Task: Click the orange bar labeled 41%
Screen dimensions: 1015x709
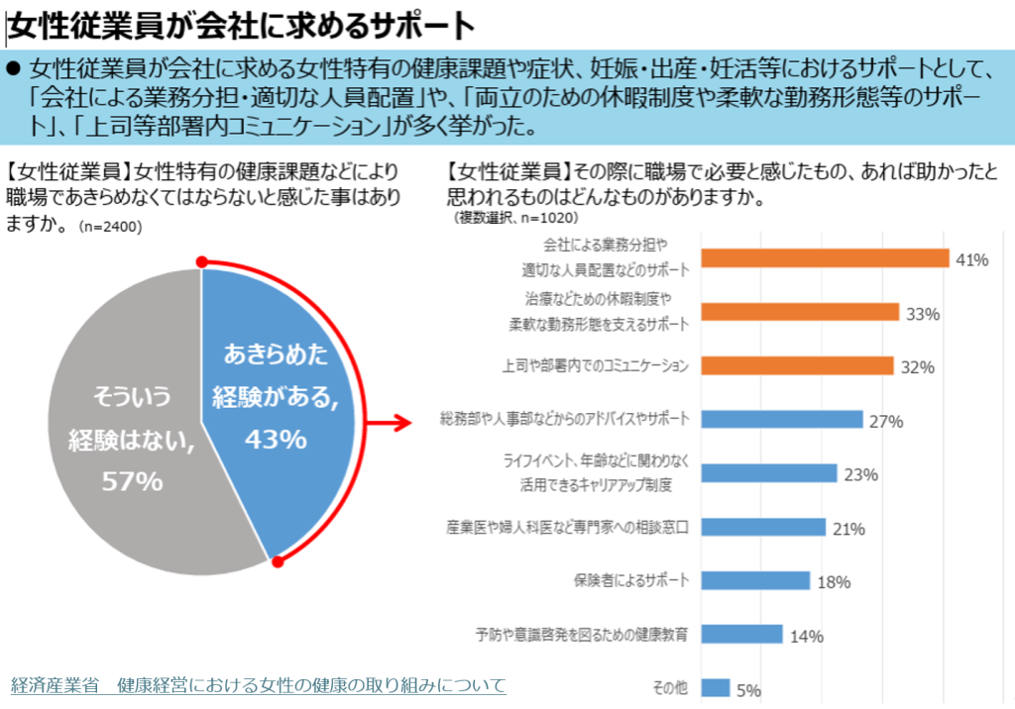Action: [x=825, y=258]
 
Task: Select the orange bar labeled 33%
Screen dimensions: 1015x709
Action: [x=800, y=312]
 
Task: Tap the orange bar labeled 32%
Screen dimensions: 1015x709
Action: [x=798, y=365]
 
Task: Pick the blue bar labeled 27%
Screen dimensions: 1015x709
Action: [x=782, y=419]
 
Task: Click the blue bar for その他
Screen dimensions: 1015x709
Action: [x=716, y=687]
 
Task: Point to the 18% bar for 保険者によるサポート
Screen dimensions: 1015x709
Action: [x=755, y=580]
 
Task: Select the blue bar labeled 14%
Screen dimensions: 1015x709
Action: [x=741, y=634]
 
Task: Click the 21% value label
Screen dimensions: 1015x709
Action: [x=848, y=529]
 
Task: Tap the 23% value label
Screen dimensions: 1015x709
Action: [x=861, y=475]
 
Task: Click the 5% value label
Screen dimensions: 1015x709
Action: [x=749, y=690]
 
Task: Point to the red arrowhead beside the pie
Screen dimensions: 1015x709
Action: [x=402, y=423]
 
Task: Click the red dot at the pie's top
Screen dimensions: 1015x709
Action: [x=202, y=262]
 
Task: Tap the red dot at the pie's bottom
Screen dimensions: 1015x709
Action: [x=278, y=561]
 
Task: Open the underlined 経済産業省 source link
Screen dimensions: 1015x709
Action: [x=259, y=685]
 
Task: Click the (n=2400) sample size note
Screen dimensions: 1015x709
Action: [x=110, y=227]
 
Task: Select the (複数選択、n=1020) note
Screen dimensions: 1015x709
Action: [x=515, y=218]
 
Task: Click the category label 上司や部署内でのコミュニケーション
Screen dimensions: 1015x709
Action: [x=596, y=366]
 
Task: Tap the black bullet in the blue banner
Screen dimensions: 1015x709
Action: [x=14, y=67]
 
